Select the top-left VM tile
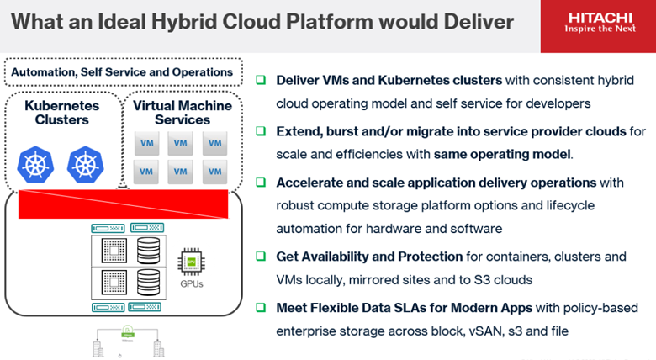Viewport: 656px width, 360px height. pyautogui.click(x=146, y=144)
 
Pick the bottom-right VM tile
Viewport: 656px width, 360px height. pyautogui.click(x=214, y=172)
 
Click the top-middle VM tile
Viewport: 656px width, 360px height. pyautogui.click(x=180, y=144)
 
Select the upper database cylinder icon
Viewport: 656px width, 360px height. pyautogui.click(x=148, y=250)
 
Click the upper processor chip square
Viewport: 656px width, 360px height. pyautogui.click(x=112, y=250)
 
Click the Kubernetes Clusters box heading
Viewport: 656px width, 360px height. pyautogui.click(x=61, y=113)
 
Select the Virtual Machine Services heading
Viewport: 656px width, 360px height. pyautogui.click(x=182, y=113)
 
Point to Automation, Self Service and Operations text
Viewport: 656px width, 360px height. pyautogui.click(x=122, y=72)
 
